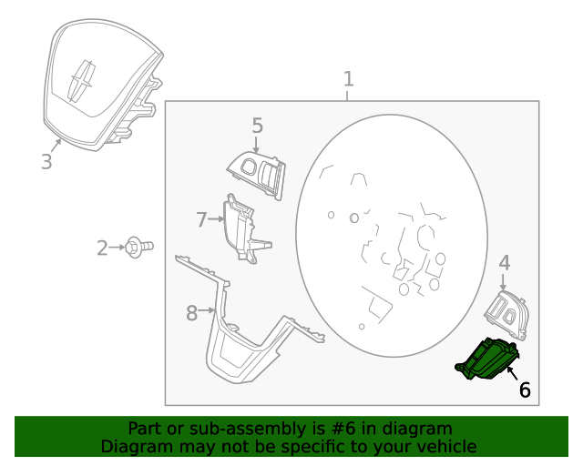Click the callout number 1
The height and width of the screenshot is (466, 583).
pos(347,79)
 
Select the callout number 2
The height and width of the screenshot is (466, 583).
pos(103,247)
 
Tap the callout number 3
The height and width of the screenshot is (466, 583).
pos(46,163)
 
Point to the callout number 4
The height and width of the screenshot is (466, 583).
pos(504,264)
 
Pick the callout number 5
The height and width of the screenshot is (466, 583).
pos(257,126)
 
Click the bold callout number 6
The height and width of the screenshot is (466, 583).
pos(525,390)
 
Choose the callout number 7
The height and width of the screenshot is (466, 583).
pos(202,218)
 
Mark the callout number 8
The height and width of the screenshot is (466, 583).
pos(191,313)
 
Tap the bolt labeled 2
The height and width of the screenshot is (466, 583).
pos(138,246)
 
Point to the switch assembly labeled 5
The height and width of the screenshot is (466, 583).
pos(257,170)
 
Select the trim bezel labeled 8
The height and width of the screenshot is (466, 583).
pos(246,341)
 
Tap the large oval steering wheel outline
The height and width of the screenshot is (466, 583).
pos(389,237)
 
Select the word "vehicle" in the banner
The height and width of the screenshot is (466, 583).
pos(445,446)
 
